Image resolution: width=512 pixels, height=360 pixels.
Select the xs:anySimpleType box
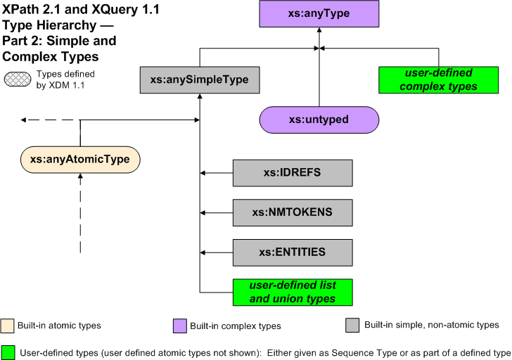(x=199, y=80)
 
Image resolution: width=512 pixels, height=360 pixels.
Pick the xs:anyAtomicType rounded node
(x=80, y=160)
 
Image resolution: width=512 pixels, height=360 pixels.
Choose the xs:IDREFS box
(x=292, y=172)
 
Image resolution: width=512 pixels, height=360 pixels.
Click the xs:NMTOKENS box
(x=292, y=212)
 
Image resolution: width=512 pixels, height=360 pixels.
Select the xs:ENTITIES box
(x=292, y=251)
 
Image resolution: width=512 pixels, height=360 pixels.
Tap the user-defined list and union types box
(x=292, y=292)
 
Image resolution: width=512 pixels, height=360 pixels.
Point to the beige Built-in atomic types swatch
(x=8, y=325)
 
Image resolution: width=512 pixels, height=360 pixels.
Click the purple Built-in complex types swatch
(x=179, y=325)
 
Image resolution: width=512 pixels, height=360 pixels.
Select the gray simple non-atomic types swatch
(x=353, y=325)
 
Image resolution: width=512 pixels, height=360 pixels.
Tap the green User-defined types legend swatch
(x=8, y=352)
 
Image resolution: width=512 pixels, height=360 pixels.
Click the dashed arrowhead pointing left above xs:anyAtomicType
(x=25, y=120)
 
